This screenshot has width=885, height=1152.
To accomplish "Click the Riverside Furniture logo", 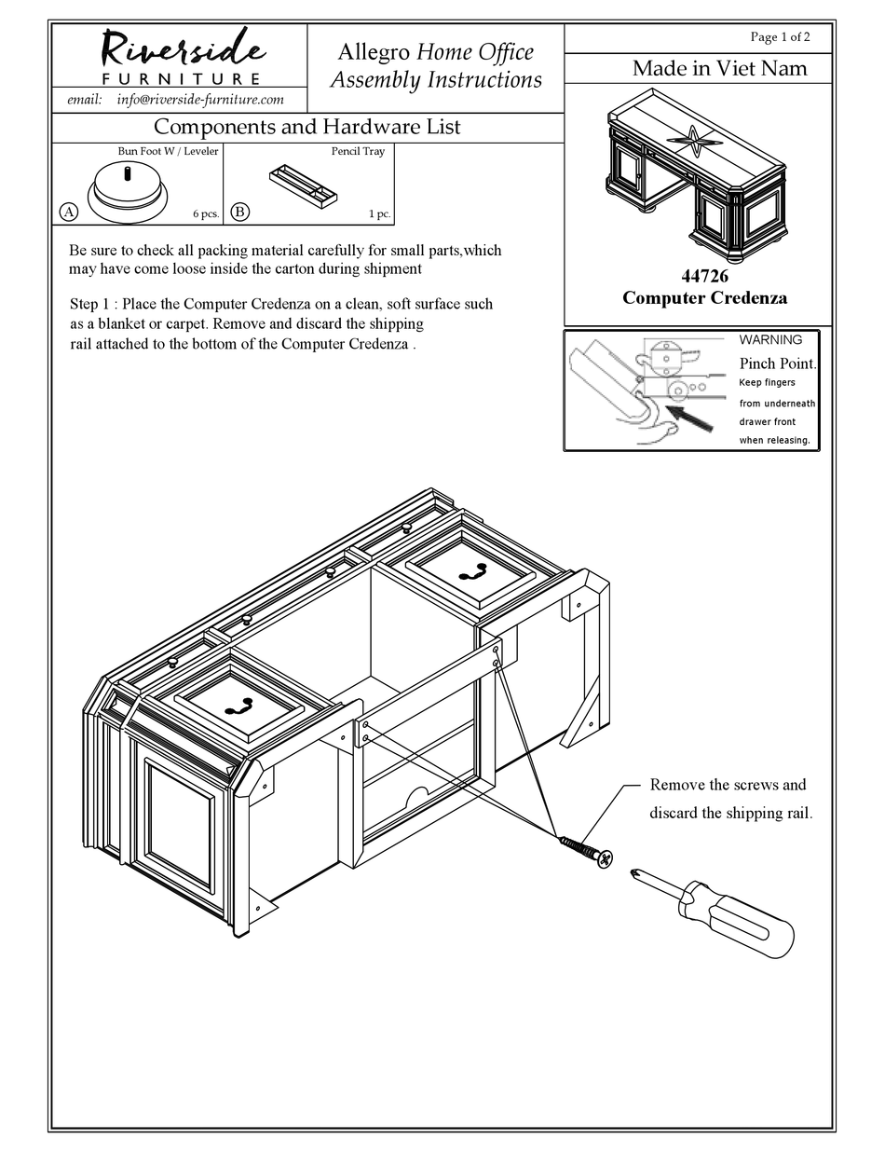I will (179, 56).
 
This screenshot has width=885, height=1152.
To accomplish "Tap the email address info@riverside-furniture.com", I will (200, 100).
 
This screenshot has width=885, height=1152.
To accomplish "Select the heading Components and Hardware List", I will (306, 127).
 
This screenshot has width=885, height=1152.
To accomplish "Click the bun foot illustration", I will (129, 191).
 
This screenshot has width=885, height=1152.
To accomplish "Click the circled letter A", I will (68, 213).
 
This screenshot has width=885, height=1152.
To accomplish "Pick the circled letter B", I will (239, 213).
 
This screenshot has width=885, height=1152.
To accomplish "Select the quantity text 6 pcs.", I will (206, 214).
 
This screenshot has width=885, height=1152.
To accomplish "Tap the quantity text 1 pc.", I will (379, 214).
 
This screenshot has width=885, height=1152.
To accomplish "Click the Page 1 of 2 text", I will (780, 37).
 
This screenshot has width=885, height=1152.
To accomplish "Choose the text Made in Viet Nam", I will (719, 68).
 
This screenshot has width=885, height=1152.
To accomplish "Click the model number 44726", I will (704, 277).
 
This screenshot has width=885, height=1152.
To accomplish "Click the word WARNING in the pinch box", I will (770, 340).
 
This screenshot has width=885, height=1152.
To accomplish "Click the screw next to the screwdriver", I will (586, 851).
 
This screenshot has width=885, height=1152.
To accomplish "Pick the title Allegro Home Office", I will (435, 52).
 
